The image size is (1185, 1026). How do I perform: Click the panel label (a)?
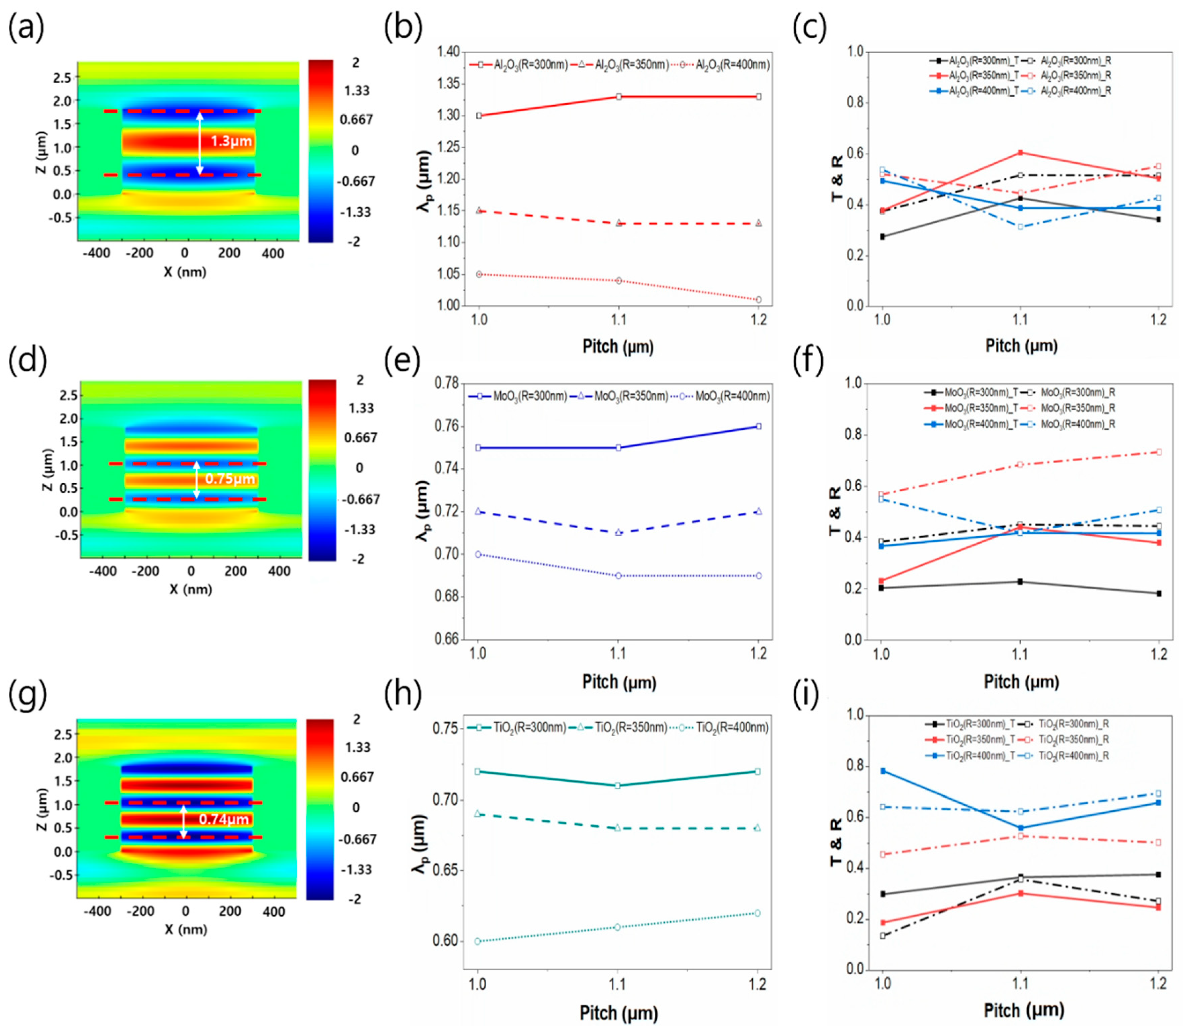[x=26, y=29]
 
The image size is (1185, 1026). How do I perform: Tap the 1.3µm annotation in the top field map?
[x=231, y=141]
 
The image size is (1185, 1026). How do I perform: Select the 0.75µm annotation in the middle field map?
[x=230, y=479]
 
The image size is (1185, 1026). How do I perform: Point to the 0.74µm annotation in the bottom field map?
[x=224, y=819]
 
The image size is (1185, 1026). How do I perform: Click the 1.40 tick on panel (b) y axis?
[x=448, y=52]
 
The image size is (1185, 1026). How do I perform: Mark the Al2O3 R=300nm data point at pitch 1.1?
[x=619, y=97]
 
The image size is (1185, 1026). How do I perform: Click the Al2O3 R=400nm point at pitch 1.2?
[x=758, y=300]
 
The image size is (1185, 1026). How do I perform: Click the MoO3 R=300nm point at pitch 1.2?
[x=758, y=427]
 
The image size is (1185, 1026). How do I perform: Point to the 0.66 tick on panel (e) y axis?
[x=448, y=639]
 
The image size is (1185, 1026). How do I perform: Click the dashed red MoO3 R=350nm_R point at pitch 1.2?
[x=1158, y=452]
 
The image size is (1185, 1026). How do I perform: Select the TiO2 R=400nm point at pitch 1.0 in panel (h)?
[x=478, y=941]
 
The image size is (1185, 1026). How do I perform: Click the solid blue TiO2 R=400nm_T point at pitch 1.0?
[x=883, y=771]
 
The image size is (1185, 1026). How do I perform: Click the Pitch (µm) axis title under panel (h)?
[x=619, y=1012]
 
